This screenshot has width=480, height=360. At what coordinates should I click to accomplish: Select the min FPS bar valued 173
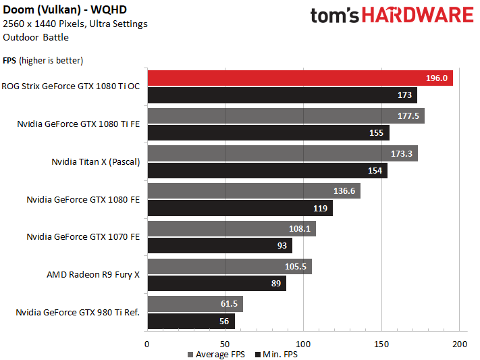[x=282, y=95]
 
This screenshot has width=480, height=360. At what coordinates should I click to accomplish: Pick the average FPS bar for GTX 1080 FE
[x=253, y=191]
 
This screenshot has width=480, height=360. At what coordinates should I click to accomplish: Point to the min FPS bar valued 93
[x=219, y=246]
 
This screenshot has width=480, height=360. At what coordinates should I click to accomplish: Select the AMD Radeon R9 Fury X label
[x=93, y=275]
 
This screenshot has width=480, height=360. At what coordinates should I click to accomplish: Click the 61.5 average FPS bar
[x=194, y=305]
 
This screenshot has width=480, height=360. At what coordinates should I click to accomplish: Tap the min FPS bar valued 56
[x=190, y=322]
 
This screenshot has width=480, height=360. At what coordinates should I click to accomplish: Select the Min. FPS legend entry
[x=276, y=354]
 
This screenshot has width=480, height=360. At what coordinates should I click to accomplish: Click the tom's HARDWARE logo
[x=392, y=17]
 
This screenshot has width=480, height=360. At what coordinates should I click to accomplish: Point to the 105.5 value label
[x=296, y=267]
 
